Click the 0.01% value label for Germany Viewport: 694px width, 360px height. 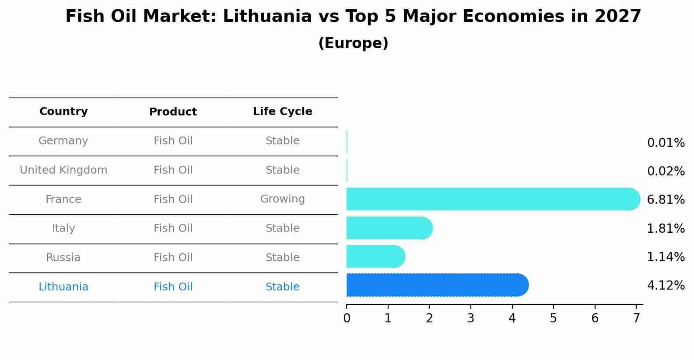[666, 143]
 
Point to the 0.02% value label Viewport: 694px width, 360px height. [666, 171]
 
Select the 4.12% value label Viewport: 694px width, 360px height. [666, 286]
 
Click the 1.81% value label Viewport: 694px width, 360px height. [666, 228]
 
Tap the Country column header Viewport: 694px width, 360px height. [63, 112]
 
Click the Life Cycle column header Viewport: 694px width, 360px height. [282, 112]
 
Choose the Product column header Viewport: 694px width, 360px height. [173, 112]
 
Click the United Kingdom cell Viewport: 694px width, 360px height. [63, 170]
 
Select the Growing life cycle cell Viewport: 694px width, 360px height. [282, 199]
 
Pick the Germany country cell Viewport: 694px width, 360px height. [63, 141]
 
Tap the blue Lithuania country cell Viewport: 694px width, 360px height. [63, 287]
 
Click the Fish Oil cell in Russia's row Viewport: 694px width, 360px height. [173, 258]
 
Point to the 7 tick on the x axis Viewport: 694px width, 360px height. [636, 318]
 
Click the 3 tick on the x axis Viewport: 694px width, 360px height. [471, 318]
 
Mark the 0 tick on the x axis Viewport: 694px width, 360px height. [347, 318]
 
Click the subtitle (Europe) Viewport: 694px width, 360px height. [353, 43]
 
